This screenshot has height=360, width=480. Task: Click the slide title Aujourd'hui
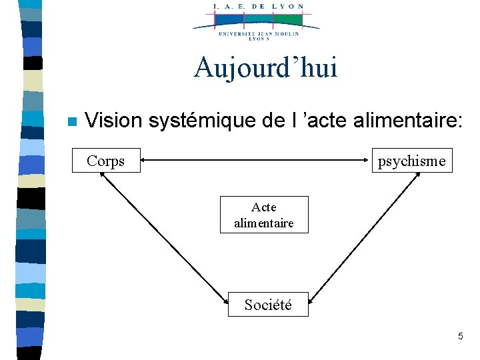click(265, 68)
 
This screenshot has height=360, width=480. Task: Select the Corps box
click(106, 161)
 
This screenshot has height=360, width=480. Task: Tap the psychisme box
click(411, 161)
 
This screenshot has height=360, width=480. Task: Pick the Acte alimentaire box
click(264, 215)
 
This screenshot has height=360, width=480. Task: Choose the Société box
click(268, 305)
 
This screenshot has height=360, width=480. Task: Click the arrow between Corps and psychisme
click(257, 160)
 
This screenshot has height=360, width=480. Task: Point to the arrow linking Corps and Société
click(163, 233)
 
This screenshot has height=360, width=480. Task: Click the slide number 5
click(460, 337)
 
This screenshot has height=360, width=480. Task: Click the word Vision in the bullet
click(113, 121)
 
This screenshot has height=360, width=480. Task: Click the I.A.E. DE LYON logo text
click(258, 6)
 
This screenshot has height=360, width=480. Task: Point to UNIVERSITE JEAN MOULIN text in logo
click(257, 33)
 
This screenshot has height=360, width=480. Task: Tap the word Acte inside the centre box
click(264, 207)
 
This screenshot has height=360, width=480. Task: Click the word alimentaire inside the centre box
click(264, 223)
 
